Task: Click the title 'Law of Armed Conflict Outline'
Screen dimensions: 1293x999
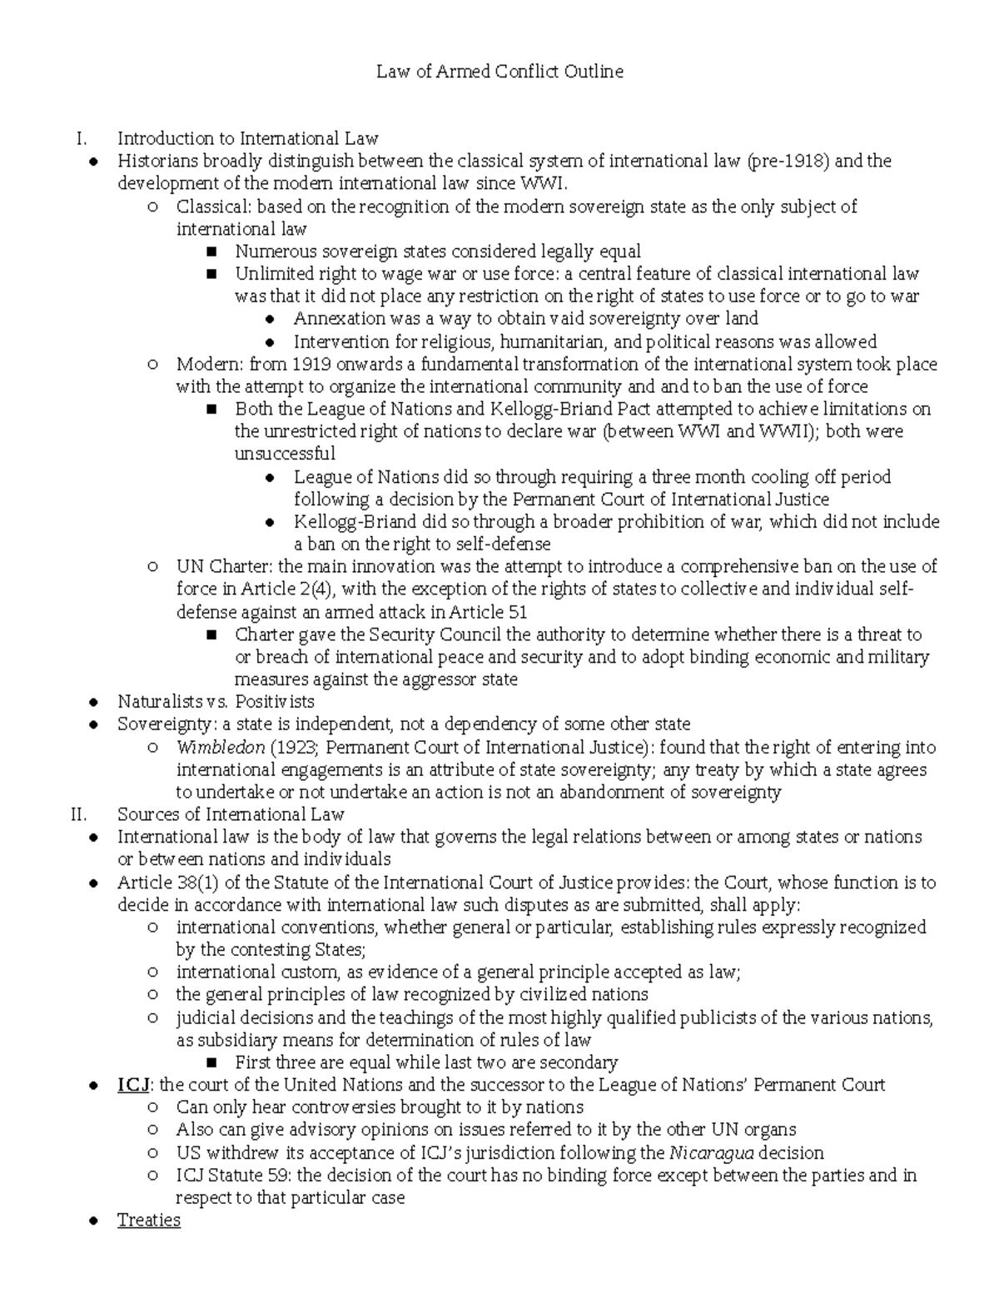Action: click(x=499, y=72)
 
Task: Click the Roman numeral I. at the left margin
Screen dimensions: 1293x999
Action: click(x=81, y=138)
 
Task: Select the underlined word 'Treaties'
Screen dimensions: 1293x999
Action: click(x=149, y=1220)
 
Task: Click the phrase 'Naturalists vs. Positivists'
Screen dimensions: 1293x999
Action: click(x=216, y=702)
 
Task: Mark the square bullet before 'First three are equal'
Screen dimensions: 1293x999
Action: click(x=211, y=1063)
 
